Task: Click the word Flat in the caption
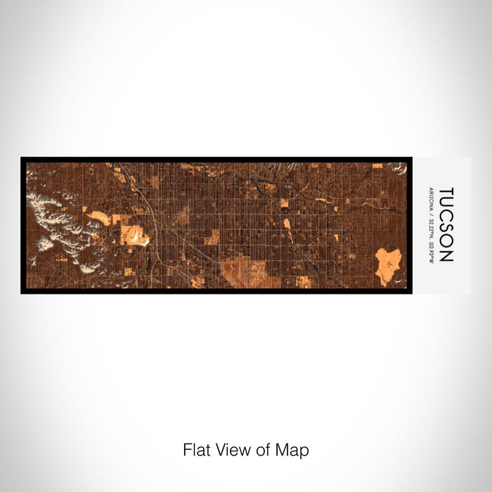click(193, 450)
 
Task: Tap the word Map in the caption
click(295, 450)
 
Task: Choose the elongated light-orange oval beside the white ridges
click(99, 218)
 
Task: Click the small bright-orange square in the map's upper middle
click(285, 203)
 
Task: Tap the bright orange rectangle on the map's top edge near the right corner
click(377, 166)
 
